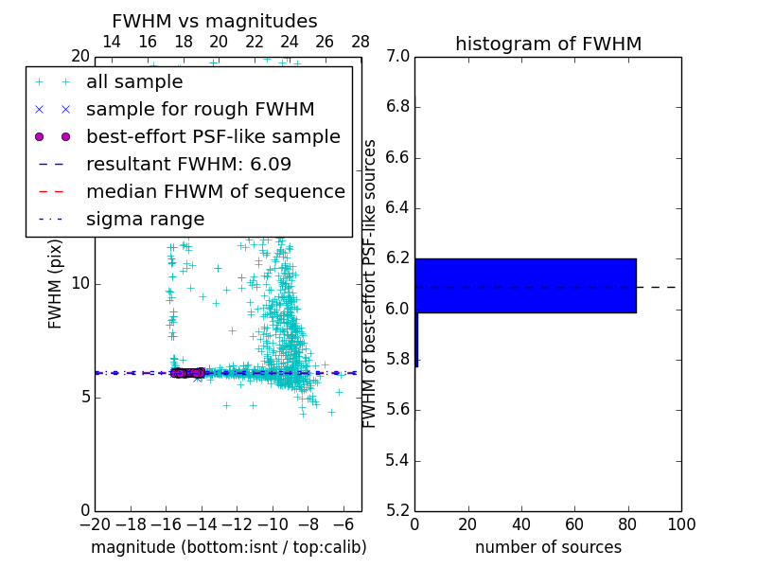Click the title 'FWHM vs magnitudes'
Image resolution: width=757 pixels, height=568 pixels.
point(215,21)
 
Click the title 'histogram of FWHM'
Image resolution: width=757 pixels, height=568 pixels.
point(548,44)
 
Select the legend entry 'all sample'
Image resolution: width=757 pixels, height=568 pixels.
point(134,82)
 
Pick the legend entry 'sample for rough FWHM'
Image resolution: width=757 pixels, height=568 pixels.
point(200,109)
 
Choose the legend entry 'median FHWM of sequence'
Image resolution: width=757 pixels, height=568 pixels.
point(215,191)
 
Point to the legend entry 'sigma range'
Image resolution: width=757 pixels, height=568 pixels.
point(145,219)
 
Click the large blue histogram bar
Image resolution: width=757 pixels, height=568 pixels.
point(525,285)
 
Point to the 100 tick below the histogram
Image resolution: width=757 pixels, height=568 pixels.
point(681,524)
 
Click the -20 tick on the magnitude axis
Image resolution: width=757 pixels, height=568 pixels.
point(95,524)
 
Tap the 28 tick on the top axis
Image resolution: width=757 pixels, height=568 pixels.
point(361,42)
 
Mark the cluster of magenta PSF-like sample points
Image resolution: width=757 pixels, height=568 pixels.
point(187,373)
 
